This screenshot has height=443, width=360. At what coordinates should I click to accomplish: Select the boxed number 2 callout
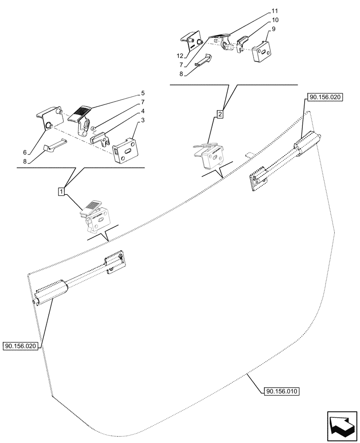(x=220, y=114)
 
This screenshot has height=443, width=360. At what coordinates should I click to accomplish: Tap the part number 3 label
(x=143, y=120)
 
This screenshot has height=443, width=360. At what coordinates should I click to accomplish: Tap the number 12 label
(x=180, y=55)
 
